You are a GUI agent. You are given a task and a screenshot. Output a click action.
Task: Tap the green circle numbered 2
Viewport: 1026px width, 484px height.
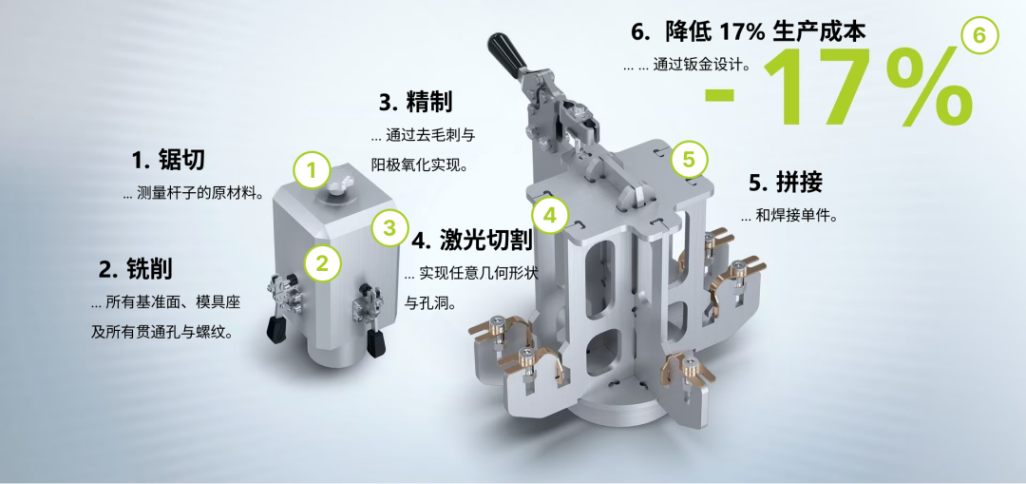click(x=322, y=263)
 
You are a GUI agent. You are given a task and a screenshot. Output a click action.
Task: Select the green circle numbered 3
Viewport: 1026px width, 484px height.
click(x=390, y=228)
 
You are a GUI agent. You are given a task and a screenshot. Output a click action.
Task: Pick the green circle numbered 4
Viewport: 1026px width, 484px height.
click(x=550, y=215)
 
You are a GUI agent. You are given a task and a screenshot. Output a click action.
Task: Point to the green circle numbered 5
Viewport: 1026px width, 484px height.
click(x=689, y=159)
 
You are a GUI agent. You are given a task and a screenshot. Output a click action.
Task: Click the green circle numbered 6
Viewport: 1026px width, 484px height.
click(x=979, y=35)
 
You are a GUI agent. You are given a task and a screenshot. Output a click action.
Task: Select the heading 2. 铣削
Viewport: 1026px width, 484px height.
click(x=136, y=268)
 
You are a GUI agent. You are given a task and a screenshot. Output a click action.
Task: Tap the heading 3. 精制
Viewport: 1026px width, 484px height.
click(x=416, y=102)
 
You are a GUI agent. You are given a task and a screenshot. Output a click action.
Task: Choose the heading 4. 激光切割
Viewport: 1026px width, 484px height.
click(x=472, y=241)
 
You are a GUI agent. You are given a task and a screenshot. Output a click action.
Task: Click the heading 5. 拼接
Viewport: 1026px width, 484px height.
click(x=786, y=183)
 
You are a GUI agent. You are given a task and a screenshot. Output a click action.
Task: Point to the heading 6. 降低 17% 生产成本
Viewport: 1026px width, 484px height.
click(x=749, y=31)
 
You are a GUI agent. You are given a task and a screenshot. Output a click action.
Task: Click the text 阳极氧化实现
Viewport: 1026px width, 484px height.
click(x=417, y=165)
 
